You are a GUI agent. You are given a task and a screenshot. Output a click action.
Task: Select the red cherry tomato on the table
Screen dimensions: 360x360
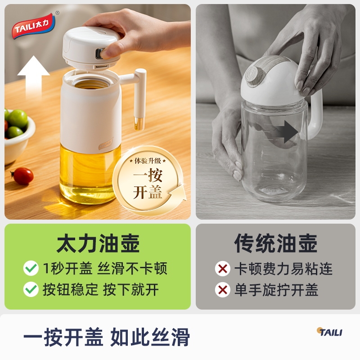click(x=22, y=176)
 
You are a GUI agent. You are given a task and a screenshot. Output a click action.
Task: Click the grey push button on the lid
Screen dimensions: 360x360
click(x=99, y=53)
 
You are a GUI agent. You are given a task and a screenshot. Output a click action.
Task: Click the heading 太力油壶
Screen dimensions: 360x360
click(x=98, y=243)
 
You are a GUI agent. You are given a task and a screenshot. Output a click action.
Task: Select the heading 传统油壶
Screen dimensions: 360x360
click(x=276, y=243)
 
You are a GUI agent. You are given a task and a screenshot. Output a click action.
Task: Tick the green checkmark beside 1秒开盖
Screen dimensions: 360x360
click(x=31, y=268)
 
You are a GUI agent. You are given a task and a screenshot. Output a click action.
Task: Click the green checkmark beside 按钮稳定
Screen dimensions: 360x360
click(x=31, y=289)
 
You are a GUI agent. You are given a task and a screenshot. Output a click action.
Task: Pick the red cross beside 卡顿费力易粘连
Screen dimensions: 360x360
click(x=223, y=268)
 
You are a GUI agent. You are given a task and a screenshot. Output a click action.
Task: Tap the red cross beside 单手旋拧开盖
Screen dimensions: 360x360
click(x=223, y=290)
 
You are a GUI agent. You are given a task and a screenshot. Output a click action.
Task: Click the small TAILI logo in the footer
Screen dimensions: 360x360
click(x=329, y=332)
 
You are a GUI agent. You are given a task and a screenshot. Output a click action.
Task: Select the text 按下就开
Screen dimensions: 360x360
click(x=131, y=289)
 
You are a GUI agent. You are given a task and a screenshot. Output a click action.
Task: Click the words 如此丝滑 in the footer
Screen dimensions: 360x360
click(x=150, y=337)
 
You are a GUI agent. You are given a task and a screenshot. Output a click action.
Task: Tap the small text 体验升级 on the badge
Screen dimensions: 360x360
click(x=148, y=161)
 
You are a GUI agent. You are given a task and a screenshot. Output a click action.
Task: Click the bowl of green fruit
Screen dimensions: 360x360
click(x=18, y=135)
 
